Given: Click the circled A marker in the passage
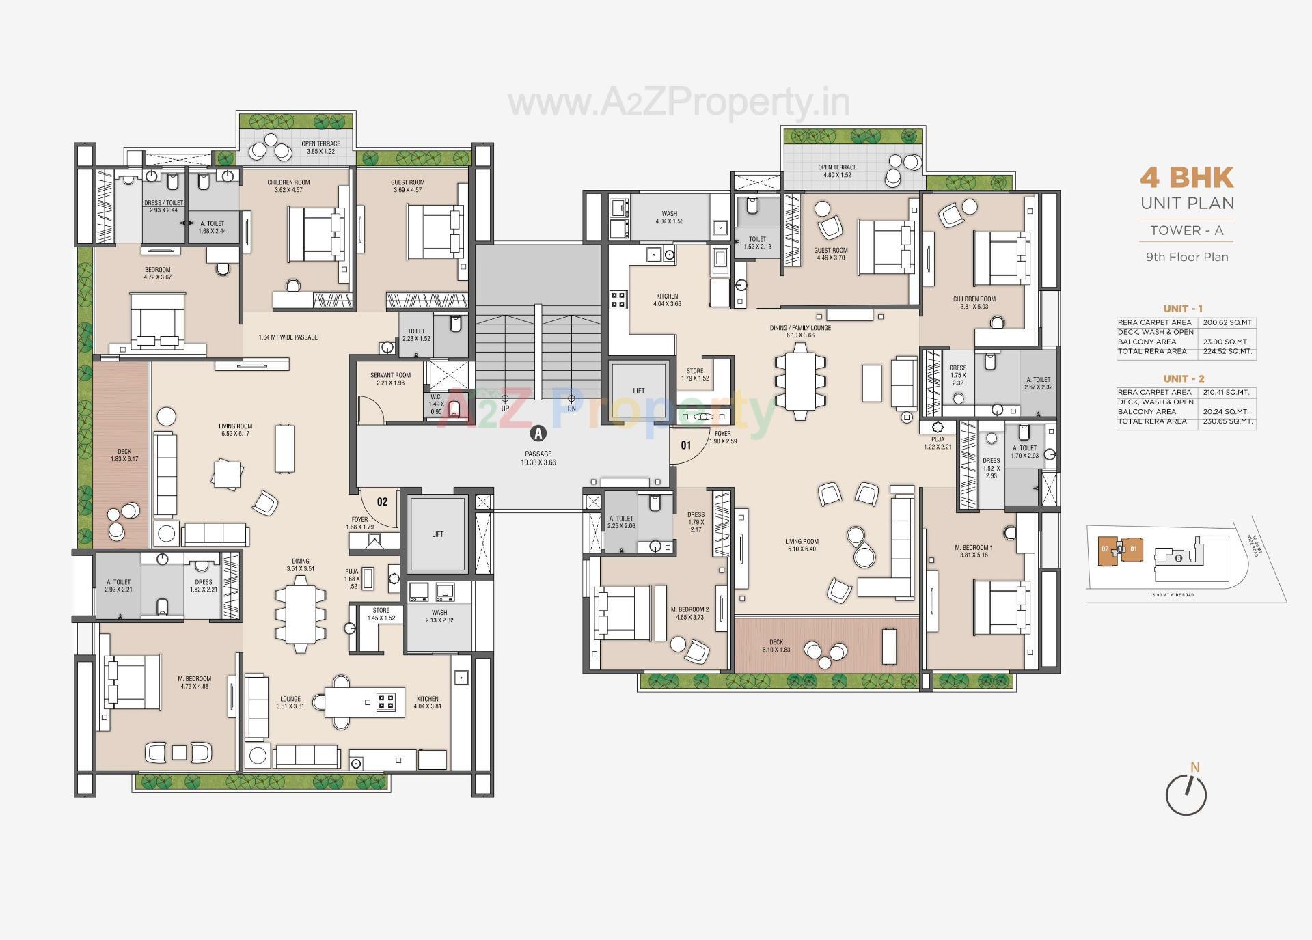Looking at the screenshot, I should pos(538,433).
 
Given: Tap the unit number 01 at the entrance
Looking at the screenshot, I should pos(686,445).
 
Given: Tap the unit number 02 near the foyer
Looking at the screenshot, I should pos(382,501).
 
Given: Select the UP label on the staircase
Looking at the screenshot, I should pos(505,409).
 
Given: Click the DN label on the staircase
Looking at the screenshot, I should pos(571,409).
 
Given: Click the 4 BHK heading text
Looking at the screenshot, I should pos(1186,178).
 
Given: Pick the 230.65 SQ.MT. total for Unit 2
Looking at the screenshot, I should pos(1227,421).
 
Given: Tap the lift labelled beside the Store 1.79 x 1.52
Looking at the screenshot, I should pos(638,391).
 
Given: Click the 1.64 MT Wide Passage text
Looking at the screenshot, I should pos(288,337).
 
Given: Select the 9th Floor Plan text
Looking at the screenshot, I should pos(1186,258).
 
